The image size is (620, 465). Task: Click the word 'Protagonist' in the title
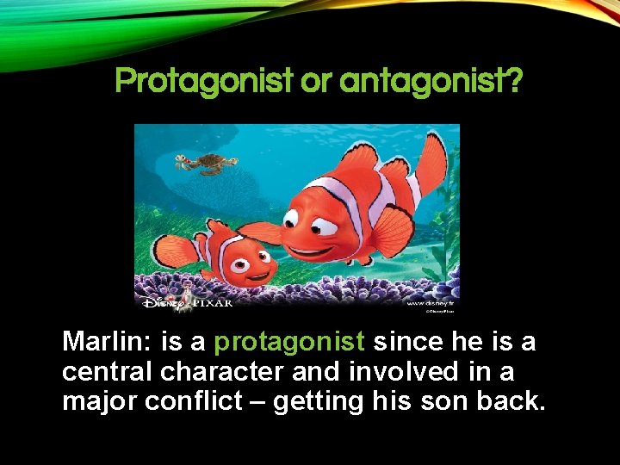tap(203, 82)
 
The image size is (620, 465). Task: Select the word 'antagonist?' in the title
tap(431, 82)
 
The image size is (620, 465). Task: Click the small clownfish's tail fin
tap(171, 251)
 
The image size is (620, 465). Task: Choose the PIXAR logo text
tap(210, 302)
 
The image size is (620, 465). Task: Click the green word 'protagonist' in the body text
tap(289, 342)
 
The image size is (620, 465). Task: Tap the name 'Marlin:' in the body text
tap(108, 342)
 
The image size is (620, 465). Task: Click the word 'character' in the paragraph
tap(220, 371)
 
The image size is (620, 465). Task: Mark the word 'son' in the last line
tap(440, 400)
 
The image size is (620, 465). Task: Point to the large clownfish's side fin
tap(392, 231)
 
